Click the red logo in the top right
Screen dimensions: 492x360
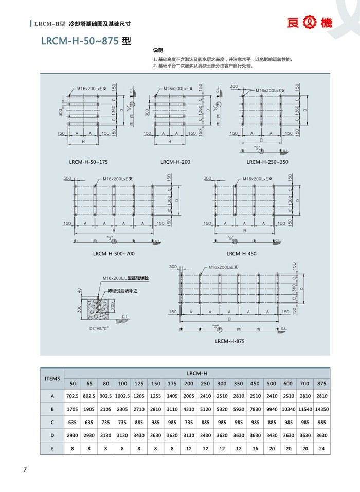310,23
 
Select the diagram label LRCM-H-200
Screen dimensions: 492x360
175,162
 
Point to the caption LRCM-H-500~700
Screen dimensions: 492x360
114,253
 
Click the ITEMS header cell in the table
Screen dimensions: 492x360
52,378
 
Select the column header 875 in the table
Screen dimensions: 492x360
322,384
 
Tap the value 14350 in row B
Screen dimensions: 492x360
322,409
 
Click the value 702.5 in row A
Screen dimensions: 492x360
73,396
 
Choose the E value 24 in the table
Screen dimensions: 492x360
322,448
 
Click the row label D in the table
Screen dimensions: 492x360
52,435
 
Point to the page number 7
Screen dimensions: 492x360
24,470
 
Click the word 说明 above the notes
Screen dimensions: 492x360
158,51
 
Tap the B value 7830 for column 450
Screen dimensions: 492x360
255,409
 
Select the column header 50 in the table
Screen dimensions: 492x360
73,384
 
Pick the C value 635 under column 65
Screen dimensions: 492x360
89,423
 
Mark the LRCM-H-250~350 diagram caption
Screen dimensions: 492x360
267,162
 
